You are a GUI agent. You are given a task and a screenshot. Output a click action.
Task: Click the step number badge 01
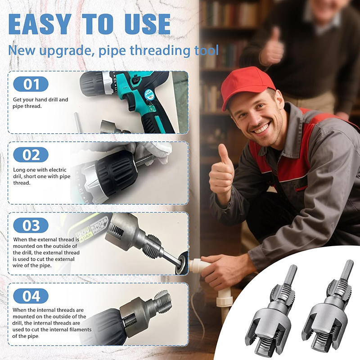30,84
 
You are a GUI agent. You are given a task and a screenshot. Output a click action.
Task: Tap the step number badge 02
30,155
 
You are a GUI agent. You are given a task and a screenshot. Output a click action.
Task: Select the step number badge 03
30,225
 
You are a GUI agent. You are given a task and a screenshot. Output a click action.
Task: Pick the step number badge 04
30,296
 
